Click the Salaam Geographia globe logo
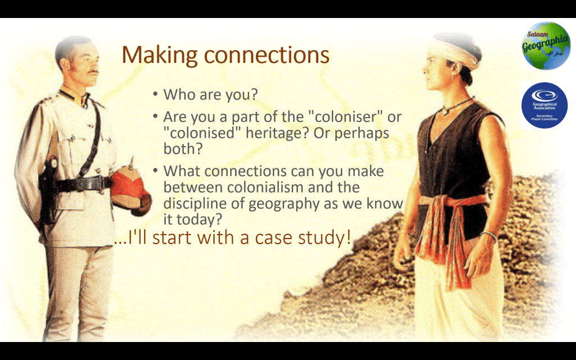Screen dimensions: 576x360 (546, 46)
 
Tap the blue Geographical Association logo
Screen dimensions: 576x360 (544, 105)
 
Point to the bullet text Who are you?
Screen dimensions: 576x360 (210, 94)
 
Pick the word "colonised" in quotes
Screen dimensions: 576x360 (202, 133)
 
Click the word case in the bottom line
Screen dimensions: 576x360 (274, 238)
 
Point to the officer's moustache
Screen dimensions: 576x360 (93, 72)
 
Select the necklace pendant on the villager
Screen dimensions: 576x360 (446, 112)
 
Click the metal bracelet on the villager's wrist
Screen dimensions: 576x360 (488, 236)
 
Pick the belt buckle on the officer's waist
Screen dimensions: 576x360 (100, 183)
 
